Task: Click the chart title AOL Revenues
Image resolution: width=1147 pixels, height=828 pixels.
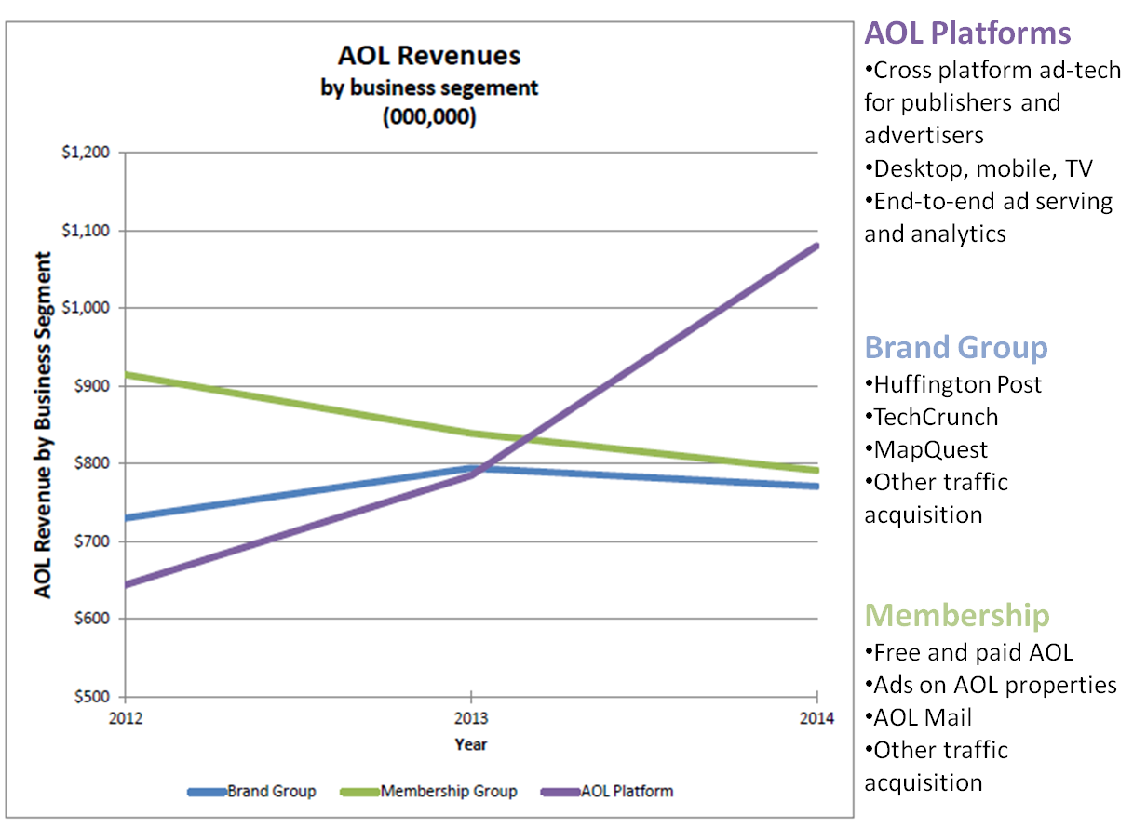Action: [429, 56]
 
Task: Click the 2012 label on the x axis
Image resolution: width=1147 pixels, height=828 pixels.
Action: [125, 719]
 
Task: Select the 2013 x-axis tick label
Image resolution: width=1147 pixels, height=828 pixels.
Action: [471, 719]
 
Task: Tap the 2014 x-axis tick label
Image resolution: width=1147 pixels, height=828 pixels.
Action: [816, 719]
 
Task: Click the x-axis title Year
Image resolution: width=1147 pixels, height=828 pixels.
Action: [471, 744]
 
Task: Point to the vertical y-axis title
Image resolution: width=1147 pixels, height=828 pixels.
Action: [43, 424]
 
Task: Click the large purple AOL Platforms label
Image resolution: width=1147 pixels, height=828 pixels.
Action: [968, 34]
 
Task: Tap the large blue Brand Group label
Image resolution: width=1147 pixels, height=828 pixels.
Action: [956, 348]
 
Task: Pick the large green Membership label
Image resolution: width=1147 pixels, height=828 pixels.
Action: [957, 616]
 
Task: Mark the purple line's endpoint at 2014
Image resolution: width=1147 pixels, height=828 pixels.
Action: [816, 247]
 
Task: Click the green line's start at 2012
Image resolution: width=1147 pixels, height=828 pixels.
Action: [127, 375]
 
